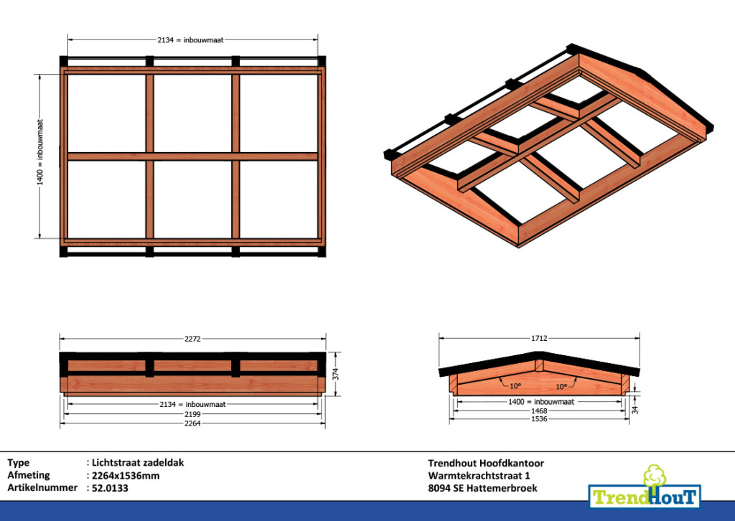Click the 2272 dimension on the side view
pyautogui.click(x=192, y=338)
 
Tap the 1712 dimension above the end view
pyautogui.click(x=539, y=338)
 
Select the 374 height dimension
pyautogui.click(x=335, y=375)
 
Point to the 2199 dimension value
pyautogui.click(x=192, y=414)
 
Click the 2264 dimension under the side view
pyautogui.click(x=192, y=423)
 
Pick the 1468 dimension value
pyautogui.click(x=539, y=411)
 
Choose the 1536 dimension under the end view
pyautogui.click(x=539, y=419)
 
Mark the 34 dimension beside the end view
pyautogui.click(x=635, y=410)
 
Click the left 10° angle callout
pyautogui.click(x=515, y=386)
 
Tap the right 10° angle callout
pyautogui.click(x=561, y=387)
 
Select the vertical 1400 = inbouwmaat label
pyautogui.click(x=40, y=152)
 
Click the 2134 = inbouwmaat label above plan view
pyautogui.click(x=190, y=39)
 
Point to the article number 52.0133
pyautogui.click(x=110, y=488)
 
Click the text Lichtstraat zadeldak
pyautogui.click(x=138, y=462)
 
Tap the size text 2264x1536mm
pyautogui.click(x=126, y=476)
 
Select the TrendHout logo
pyautogui.click(x=645, y=488)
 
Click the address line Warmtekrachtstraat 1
pyautogui.click(x=479, y=476)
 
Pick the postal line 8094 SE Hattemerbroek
pyautogui.click(x=483, y=488)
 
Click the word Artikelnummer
pyautogui.click(x=42, y=487)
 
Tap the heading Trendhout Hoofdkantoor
pyautogui.click(x=486, y=463)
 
